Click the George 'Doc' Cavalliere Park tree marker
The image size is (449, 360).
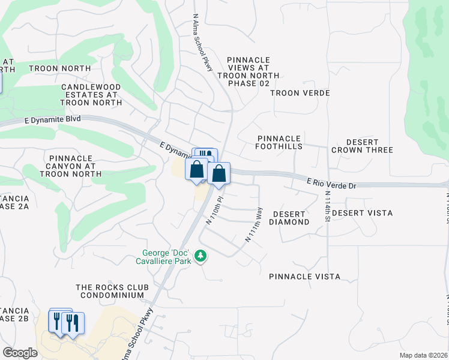(x=200, y=257)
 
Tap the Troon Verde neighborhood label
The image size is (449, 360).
(x=300, y=93)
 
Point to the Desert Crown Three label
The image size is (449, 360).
(x=361, y=146)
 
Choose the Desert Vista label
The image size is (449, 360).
(x=362, y=213)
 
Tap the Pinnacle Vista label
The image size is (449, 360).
(x=304, y=277)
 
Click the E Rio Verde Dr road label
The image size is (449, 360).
(x=331, y=183)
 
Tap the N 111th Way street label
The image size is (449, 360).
(x=254, y=225)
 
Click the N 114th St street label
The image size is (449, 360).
(x=328, y=206)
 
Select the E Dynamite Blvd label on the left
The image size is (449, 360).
(x=53, y=120)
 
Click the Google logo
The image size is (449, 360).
(x=20, y=352)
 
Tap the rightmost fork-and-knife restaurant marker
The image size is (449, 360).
(x=73, y=324)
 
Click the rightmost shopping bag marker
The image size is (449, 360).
(x=219, y=174)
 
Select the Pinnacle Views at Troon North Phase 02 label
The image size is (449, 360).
(x=249, y=71)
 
